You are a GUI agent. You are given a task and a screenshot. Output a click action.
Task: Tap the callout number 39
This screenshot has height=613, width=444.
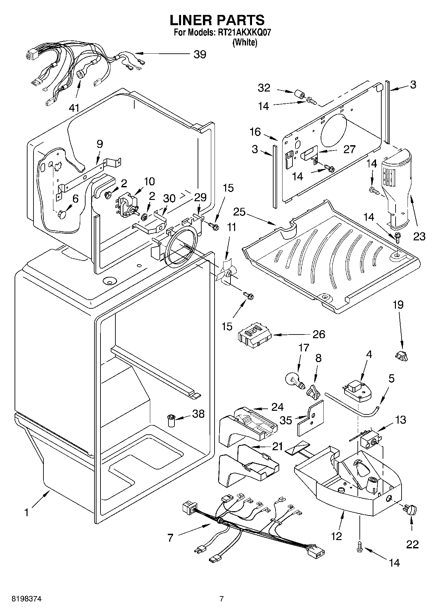click(200, 54)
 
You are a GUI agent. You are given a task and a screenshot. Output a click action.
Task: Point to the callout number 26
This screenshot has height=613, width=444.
click(319, 334)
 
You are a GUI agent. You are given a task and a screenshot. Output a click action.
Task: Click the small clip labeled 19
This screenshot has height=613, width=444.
click(402, 356)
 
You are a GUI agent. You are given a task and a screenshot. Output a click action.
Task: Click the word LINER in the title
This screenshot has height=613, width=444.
click(191, 20)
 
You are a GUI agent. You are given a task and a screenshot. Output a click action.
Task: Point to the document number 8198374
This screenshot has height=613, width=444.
click(27, 599)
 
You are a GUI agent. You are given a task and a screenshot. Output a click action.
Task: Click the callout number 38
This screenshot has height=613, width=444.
click(198, 414)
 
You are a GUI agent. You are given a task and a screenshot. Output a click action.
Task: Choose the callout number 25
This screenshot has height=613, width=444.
click(239, 211)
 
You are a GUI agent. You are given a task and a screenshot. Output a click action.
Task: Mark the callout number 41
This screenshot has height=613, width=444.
click(74, 107)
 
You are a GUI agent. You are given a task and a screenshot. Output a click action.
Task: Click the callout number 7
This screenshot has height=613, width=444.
click(170, 537)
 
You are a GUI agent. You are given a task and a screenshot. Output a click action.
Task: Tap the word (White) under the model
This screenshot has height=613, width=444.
click(245, 42)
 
